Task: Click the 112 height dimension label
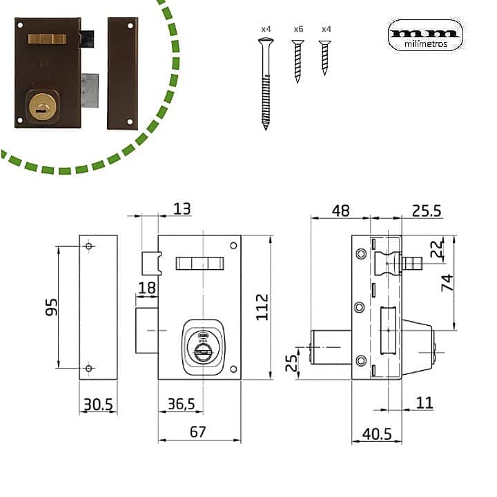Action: tap(261, 306)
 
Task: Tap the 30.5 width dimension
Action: tap(97, 404)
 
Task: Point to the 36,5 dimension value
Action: tap(181, 404)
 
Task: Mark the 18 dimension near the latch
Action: tap(146, 287)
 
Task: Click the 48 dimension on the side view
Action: tap(340, 211)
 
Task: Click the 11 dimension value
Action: tap(425, 402)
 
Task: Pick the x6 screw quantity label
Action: tap(298, 29)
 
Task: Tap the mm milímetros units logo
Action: tap(425, 35)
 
